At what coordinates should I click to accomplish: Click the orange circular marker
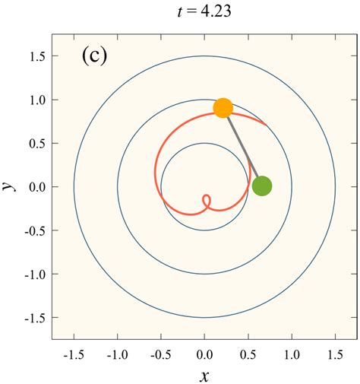pyautogui.click(x=223, y=108)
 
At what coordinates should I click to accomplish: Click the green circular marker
pyautogui.click(x=262, y=186)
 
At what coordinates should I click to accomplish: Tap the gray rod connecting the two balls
pyautogui.click(x=242, y=147)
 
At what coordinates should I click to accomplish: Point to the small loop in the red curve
pyautogui.click(x=206, y=202)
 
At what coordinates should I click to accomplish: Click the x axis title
pyautogui.click(x=204, y=375)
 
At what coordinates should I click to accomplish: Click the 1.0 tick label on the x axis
pyautogui.click(x=291, y=354)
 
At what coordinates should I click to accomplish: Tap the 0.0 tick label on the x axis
pyautogui.click(x=204, y=354)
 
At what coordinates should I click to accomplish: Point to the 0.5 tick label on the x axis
pyautogui.click(x=248, y=354)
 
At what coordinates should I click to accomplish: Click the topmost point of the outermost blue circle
pyautogui.click(x=204, y=56)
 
